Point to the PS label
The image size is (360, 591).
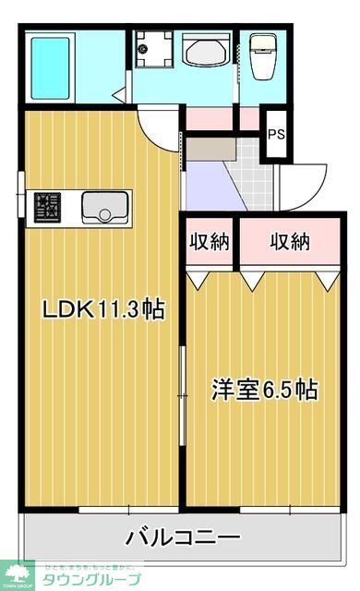pyautogui.click(x=276, y=134)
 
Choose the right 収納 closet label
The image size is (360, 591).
pyautogui.click(x=290, y=242)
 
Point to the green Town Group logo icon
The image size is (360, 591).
pyautogui.click(x=17, y=573)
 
